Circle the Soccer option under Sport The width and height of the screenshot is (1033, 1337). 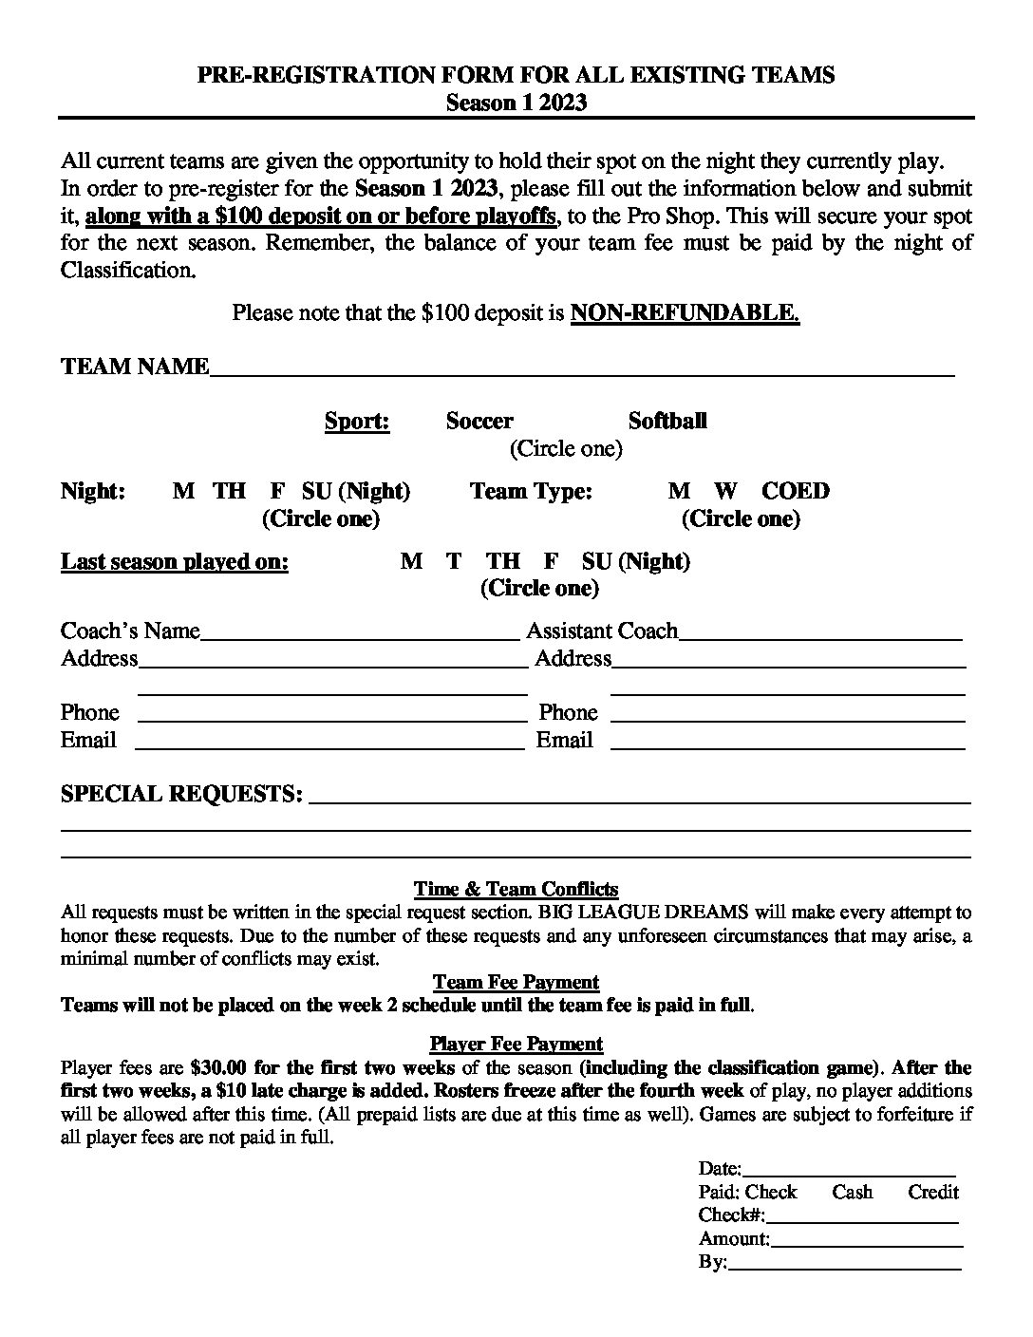point(479,422)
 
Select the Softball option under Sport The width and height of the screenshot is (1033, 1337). point(667,422)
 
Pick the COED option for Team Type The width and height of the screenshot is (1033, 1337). point(796,492)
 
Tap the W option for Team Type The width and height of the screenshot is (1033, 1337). point(725,492)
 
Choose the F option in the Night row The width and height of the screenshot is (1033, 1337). point(277,492)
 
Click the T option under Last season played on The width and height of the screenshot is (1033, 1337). point(454,562)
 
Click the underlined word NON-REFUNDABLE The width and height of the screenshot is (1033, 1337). point(685,313)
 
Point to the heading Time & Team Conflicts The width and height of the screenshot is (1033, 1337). point(516,890)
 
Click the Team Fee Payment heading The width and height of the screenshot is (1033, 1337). point(516,983)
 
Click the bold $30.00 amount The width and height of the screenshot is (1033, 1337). point(217,1067)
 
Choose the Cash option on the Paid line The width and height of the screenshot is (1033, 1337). point(852,1193)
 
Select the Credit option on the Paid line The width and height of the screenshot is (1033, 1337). point(933,1193)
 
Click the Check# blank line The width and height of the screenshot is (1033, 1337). point(861,1218)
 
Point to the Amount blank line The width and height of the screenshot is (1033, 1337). point(867,1241)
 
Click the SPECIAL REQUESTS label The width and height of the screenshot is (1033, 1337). point(181,794)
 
